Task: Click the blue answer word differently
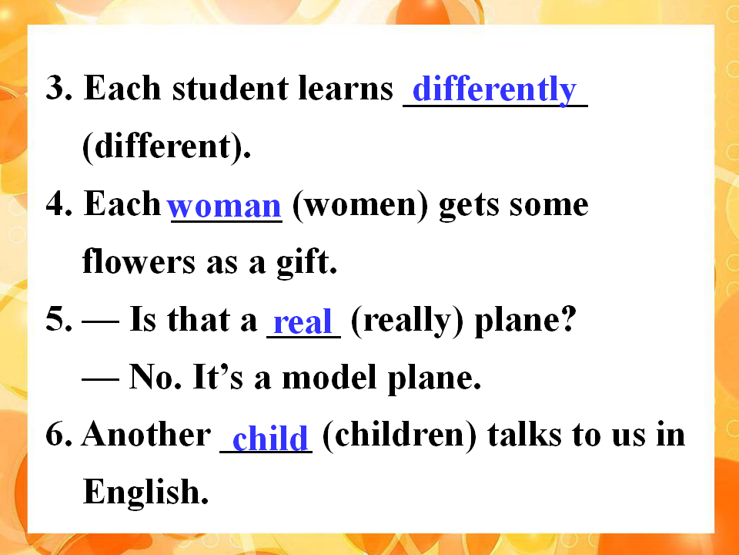(x=494, y=89)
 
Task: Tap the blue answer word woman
(x=224, y=207)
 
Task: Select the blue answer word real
(x=303, y=322)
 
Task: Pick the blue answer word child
(x=270, y=437)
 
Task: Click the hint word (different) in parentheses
(x=166, y=146)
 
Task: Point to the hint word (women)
(x=360, y=205)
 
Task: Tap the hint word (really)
(x=407, y=321)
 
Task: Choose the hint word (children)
(x=400, y=436)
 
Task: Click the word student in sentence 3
(x=230, y=88)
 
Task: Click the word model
(x=329, y=377)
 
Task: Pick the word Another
(x=146, y=433)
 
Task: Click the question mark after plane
(x=568, y=319)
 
